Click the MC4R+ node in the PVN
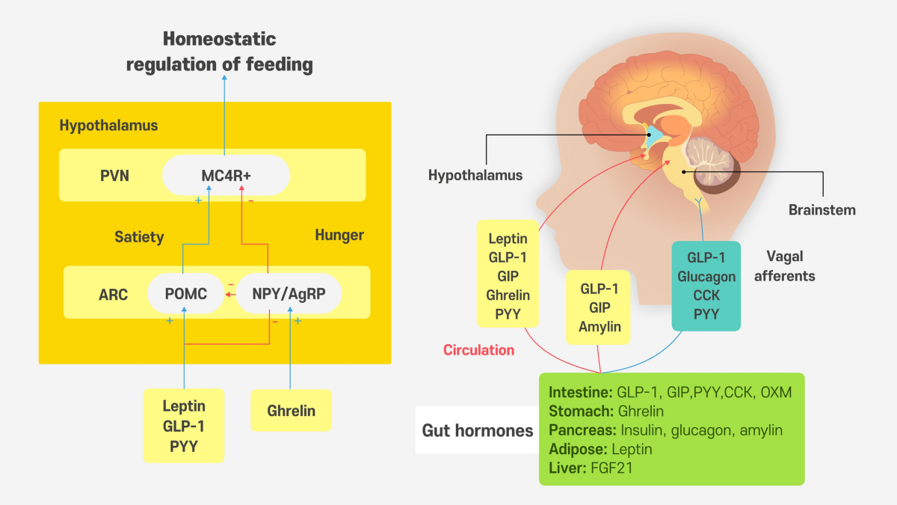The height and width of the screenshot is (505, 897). coord(226,175)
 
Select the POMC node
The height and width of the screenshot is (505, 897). coord(186,294)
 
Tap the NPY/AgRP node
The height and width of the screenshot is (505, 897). coord(289,294)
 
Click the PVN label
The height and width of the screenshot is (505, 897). coord(114,176)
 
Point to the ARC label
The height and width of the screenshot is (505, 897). coord(114,295)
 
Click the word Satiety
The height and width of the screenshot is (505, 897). coord(139,237)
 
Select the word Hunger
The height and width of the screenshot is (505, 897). coord(339,235)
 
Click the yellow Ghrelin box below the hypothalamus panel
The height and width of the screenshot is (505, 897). coord(291,411)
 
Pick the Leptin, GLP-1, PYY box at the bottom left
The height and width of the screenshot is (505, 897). coord(184,426)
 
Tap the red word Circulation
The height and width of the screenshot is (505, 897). coord(478,350)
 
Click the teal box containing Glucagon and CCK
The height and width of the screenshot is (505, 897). coord(706,286)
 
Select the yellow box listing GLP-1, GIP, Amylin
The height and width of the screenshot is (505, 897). coord(598,307)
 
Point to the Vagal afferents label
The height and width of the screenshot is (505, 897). coord(784,266)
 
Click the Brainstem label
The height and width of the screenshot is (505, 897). coord(822,210)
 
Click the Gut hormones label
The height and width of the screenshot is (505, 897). coord(478,430)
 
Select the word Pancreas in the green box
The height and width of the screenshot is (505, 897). coord(582,430)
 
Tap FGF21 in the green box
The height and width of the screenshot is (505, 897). coord(612,468)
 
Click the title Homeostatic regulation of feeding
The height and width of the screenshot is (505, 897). coord(220,52)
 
